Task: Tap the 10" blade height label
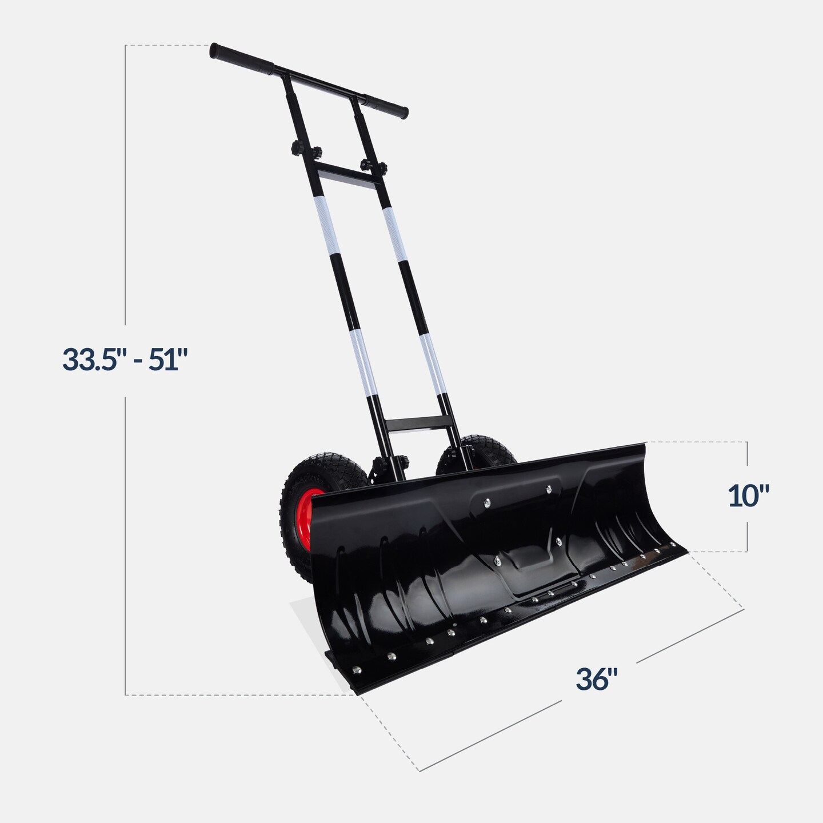coord(749,496)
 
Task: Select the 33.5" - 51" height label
coord(125,360)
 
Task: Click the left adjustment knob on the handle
coord(299,151)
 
